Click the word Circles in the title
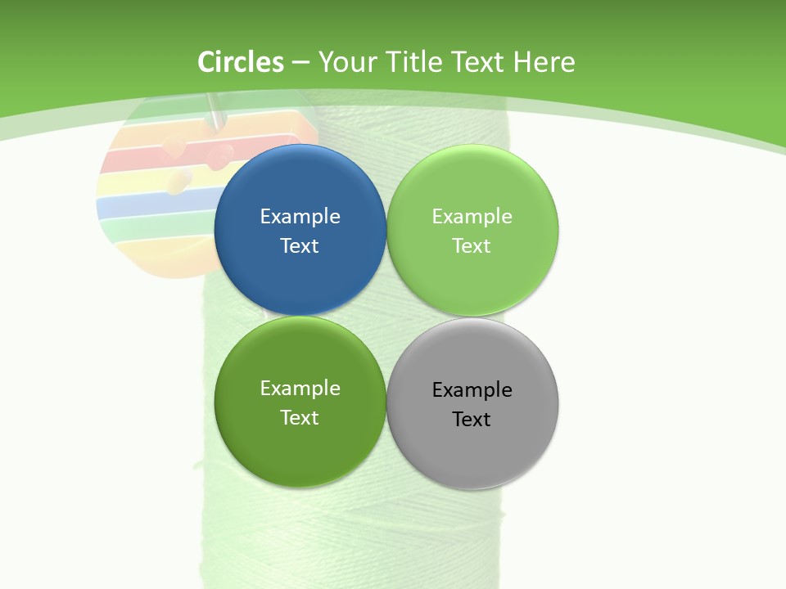(241, 62)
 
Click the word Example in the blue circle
(300, 216)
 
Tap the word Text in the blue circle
(300, 245)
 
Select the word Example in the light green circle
(472, 216)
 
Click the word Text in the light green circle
(472, 245)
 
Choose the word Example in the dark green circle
(300, 388)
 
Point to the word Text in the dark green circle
(300, 417)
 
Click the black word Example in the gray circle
(472, 389)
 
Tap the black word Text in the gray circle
(472, 419)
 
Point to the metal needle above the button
(215, 110)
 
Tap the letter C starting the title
(206, 62)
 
